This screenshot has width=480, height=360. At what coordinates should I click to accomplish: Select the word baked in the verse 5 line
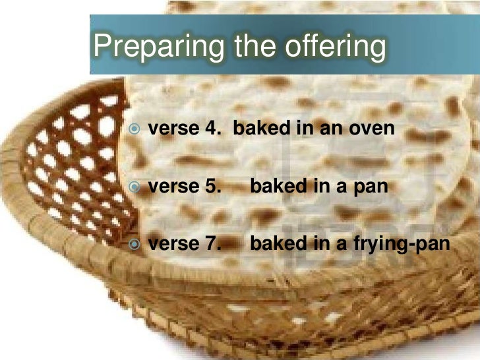point(272,187)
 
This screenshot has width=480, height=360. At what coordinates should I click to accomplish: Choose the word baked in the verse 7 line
point(272,245)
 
